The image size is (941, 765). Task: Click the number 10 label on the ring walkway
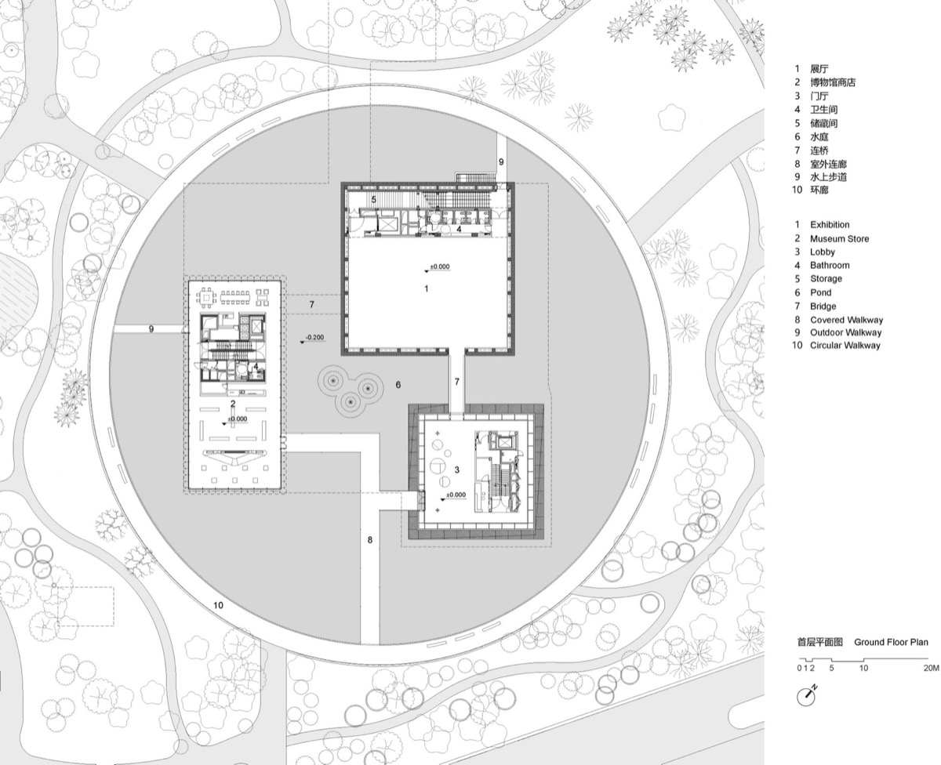click(x=218, y=604)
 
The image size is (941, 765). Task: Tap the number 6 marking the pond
click(x=398, y=384)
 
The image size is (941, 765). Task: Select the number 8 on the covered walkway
click(x=370, y=540)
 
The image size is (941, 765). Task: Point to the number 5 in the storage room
click(x=374, y=200)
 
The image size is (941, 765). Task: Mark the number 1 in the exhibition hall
click(x=427, y=288)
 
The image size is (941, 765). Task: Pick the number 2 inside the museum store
click(x=233, y=404)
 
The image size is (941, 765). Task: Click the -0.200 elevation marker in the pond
click(x=314, y=338)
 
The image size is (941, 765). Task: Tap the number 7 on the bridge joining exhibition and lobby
click(x=456, y=380)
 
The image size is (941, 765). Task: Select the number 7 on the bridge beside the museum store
click(x=311, y=303)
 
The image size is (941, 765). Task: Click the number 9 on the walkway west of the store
click(x=151, y=329)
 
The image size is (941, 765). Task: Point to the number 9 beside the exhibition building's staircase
click(x=501, y=161)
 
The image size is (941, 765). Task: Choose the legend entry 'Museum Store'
click(x=839, y=238)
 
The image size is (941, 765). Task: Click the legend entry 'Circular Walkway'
click(x=845, y=345)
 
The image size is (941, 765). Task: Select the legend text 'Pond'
click(x=821, y=292)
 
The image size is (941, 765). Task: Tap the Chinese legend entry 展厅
click(x=819, y=69)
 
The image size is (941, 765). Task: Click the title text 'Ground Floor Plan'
click(x=891, y=642)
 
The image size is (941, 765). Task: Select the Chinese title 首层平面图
click(x=819, y=642)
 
